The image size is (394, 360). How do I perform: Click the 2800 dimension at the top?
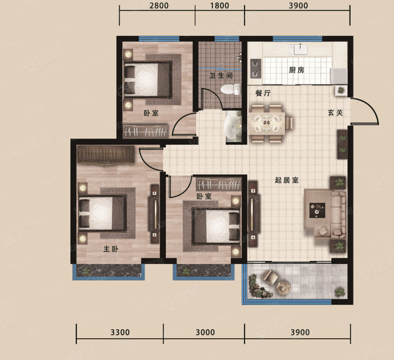click(x=159, y=5)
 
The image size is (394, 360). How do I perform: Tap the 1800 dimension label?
click(x=219, y=5)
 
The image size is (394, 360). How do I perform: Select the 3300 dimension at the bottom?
click(x=120, y=332)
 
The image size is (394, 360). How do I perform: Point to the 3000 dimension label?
click(x=205, y=332)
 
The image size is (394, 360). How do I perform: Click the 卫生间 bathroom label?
click(x=221, y=75)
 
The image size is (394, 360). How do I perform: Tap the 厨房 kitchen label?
click(x=296, y=70)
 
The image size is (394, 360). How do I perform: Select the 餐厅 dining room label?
click(x=263, y=93)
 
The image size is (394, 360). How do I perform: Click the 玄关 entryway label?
click(x=335, y=113)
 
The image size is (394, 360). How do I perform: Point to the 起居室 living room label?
click(x=287, y=180)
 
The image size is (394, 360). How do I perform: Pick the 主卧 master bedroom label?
click(x=111, y=249)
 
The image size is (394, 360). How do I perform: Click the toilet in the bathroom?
click(x=231, y=89)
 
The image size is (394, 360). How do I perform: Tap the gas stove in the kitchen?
click(x=256, y=68)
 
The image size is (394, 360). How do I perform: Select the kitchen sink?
click(x=300, y=49)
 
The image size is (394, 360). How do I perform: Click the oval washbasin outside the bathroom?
click(x=232, y=126)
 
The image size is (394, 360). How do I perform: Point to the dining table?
click(x=267, y=123)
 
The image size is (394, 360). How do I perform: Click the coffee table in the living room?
click(x=317, y=210)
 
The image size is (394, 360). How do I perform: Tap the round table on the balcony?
click(x=283, y=287)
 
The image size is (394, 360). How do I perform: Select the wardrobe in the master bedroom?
click(x=107, y=155)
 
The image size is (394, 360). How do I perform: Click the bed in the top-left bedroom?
click(x=148, y=79)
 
